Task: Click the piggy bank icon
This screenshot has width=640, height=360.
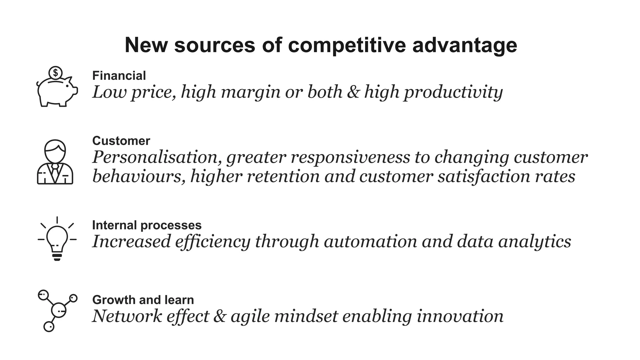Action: click(57, 91)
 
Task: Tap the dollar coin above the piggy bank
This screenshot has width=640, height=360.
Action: click(56, 73)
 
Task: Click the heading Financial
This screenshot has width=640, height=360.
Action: click(119, 76)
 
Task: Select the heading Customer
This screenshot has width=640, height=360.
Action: click(121, 141)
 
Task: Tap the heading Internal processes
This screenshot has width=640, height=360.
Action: click(147, 225)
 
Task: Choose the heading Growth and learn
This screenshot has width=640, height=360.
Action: click(143, 300)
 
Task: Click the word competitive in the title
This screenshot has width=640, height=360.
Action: click(347, 45)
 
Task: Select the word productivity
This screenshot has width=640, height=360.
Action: click(453, 92)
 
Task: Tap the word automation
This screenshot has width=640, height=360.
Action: click(370, 242)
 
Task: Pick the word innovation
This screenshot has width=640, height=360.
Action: click(460, 316)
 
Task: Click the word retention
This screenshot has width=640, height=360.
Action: click(283, 176)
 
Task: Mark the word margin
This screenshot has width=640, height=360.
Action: click(251, 92)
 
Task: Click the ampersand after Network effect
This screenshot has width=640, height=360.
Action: click(220, 316)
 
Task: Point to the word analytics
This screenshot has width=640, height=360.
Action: click(534, 242)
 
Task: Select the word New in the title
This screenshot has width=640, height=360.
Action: click(146, 45)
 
